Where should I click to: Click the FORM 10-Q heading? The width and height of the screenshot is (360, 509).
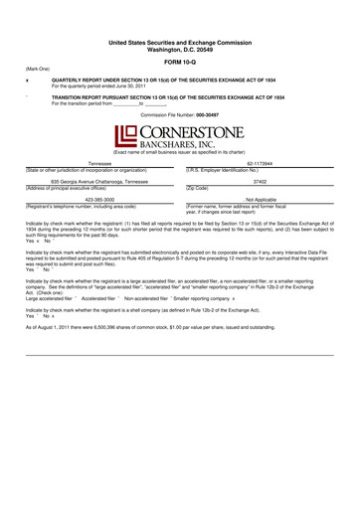click(180, 61)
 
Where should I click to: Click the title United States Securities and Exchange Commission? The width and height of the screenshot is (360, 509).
click(180, 44)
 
